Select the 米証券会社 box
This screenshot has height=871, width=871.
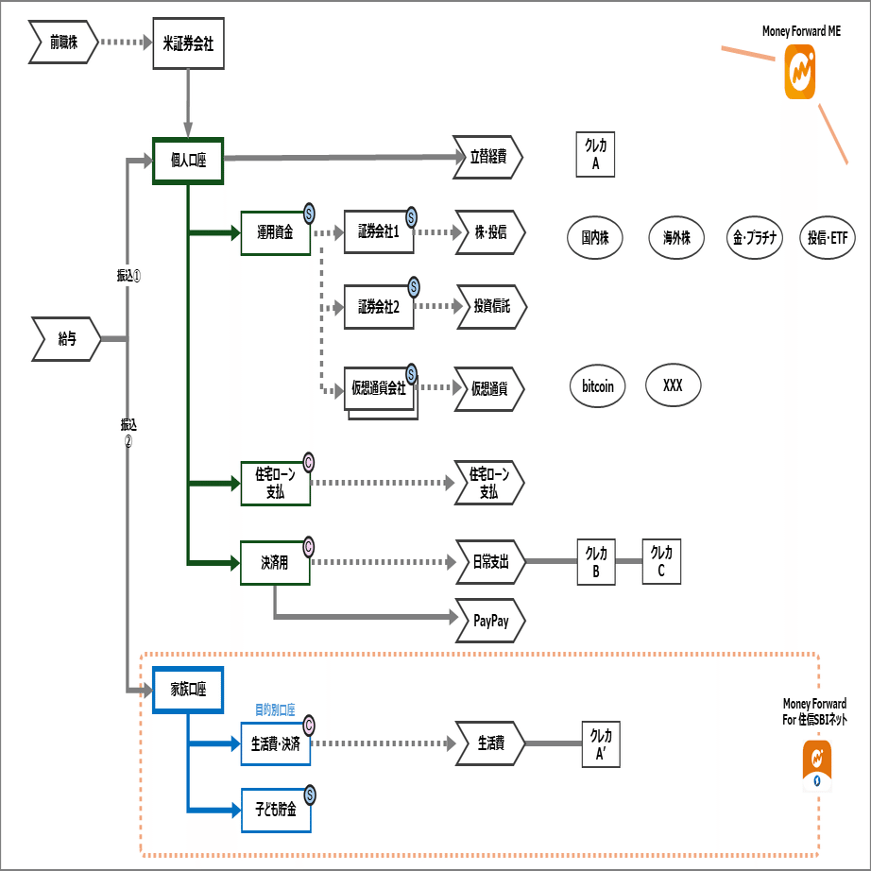pos(189,43)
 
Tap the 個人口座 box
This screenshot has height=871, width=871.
pos(187,160)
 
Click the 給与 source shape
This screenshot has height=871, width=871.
pos(67,338)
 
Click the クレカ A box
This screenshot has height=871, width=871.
pos(597,154)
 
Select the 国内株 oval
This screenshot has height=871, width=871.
pos(595,237)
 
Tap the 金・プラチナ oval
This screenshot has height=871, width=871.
pos(753,237)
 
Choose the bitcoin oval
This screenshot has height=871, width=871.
pos(597,386)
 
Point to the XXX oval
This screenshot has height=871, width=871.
pos(673,385)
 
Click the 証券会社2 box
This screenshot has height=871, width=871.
pos(379,307)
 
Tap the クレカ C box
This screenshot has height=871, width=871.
pos(661,561)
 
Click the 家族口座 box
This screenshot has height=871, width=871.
pos(187,690)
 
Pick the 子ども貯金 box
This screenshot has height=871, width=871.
pos(275,810)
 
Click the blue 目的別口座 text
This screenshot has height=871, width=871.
pos(276,709)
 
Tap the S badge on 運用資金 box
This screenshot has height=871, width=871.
pos(308,213)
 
